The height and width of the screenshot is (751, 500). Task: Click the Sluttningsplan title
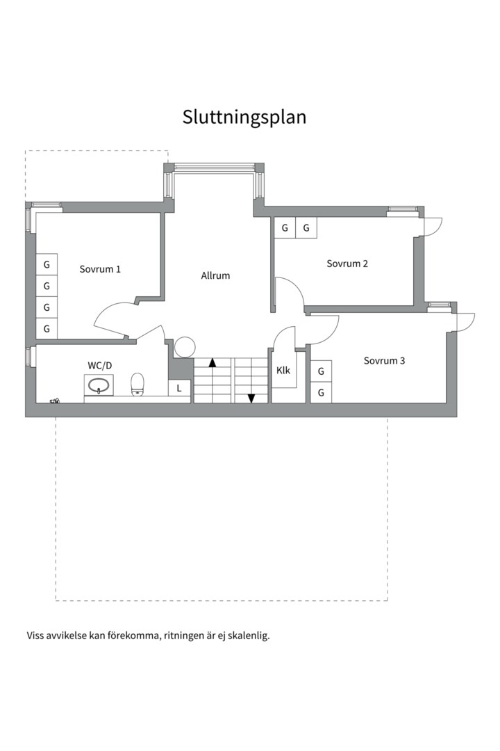[244, 118]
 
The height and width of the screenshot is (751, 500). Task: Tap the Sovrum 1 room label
[100, 269]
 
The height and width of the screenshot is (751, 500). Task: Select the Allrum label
[215, 275]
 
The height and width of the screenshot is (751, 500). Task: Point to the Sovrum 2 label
[347, 264]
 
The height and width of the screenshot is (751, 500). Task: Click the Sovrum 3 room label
[384, 361]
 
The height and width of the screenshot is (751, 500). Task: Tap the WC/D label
[100, 366]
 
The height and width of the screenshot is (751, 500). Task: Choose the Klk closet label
[283, 370]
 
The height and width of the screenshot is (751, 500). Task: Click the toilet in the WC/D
[137, 385]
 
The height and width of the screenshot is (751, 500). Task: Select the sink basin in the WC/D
[99, 385]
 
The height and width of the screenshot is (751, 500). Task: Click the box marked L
[179, 388]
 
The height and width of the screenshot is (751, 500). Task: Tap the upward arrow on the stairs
[212, 362]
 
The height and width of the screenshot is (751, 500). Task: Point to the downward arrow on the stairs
[251, 398]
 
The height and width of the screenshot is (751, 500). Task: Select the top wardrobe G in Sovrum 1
[47, 264]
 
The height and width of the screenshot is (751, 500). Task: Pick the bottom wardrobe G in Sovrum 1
[47, 328]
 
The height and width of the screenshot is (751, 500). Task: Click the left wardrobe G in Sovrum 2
[285, 228]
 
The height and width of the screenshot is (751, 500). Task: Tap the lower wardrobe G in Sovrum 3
[321, 393]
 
